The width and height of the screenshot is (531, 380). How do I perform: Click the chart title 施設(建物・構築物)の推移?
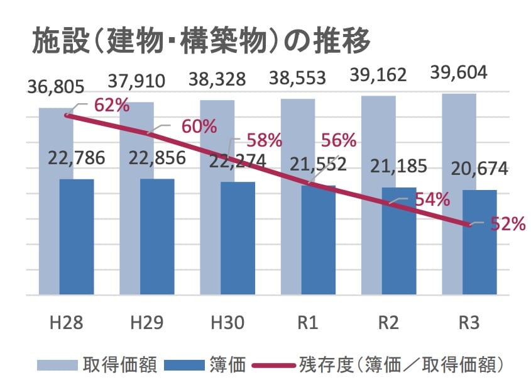pyautogui.click(x=201, y=42)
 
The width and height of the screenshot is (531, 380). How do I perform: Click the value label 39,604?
pyautogui.click(x=458, y=72)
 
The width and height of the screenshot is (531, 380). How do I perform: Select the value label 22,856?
pyautogui.click(x=156, y=158)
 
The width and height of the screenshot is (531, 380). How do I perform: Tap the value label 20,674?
pyautogui.click(x=480, y=169)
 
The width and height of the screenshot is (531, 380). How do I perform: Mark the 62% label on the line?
pyautogui.click(x=112, y=105)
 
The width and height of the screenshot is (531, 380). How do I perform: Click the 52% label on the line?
pyautogui.click(x=508, y=223)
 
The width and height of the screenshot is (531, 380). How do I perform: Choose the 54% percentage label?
pyautogui.click(x=432, y=199)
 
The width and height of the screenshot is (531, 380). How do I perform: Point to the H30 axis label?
pyautogui.click(x=227, y=323)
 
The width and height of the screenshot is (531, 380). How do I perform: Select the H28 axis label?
pyautogui.click(x=66, y=323)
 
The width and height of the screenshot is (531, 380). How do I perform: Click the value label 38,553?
pyautogui.click(x=298, y=78)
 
